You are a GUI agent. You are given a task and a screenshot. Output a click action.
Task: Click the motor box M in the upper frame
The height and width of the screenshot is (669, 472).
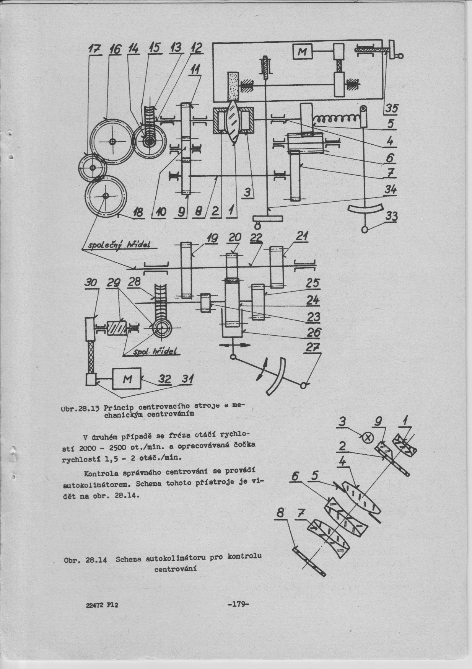(302, 51)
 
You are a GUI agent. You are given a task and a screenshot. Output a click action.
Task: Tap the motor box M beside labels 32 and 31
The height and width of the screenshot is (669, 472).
(127, 379)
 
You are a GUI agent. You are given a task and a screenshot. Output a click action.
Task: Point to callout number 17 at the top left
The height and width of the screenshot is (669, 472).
(93, 49)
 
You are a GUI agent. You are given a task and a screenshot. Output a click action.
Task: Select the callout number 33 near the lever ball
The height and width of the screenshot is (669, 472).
(391, 217)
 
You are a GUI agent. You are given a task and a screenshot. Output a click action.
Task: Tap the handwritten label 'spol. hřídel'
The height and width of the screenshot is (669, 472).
(156, 352)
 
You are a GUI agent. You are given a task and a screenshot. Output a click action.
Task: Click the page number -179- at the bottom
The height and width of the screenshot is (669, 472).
(238, 604)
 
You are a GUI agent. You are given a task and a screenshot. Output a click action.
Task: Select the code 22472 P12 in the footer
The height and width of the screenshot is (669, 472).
(102, 605)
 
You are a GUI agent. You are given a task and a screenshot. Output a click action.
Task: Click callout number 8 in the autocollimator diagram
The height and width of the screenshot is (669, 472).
(280, 512)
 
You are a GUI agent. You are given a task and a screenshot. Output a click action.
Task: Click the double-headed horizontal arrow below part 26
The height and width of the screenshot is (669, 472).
(235, 344)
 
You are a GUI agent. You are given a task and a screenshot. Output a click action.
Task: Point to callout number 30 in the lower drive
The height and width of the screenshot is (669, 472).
(91, 282)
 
